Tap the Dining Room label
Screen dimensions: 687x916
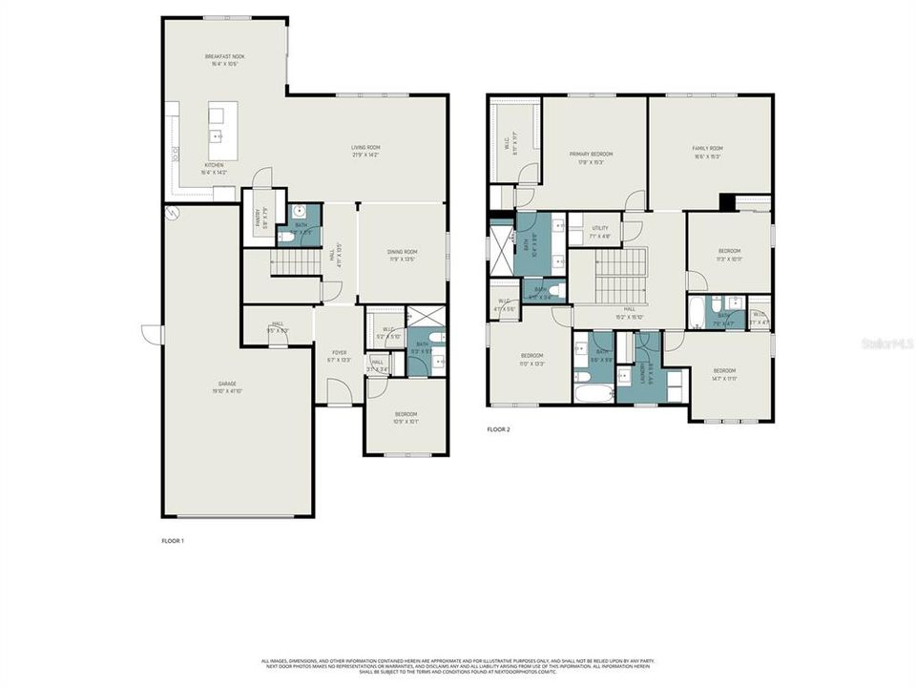tap(402, 255)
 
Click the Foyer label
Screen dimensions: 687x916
tap(340, 356)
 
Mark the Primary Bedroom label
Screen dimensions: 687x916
tap(591, 156)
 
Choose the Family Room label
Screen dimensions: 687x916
tap(707, 152)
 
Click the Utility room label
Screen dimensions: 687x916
tap(600, 231)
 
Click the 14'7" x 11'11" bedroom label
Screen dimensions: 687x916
tap(724, 373)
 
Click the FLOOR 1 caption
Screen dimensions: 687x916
tap(172, 541)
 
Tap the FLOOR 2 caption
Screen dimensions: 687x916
tap(498, 429)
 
